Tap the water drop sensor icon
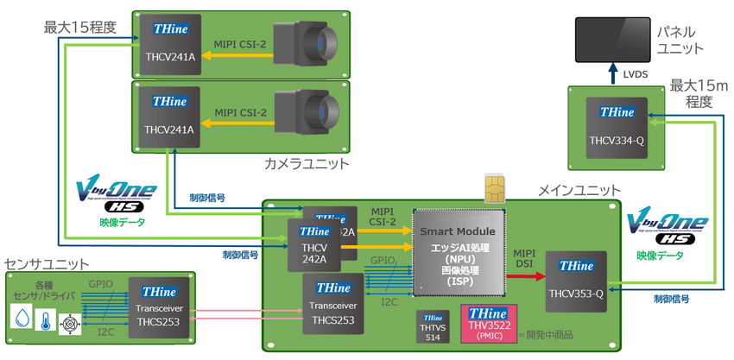pyautogui.click(x=22, y=318)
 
